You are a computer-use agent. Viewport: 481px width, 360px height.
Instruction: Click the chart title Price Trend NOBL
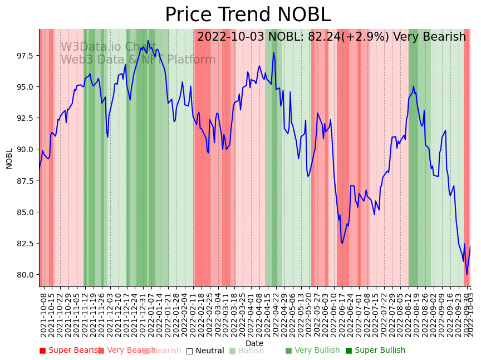coord(248,15)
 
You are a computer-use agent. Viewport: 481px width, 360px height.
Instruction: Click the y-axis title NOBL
coord(9,158)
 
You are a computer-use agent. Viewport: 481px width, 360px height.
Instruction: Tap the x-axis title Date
coord(254,343)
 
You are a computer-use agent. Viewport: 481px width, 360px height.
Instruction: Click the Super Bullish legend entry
coord(375,351)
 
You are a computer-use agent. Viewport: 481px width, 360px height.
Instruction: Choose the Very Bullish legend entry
coord(312,351)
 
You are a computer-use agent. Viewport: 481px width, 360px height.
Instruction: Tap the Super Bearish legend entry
coord(69,351)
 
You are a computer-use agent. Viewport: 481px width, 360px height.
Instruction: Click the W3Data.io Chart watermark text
coord(108,47)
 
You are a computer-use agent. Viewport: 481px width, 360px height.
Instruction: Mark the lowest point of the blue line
coord(467,274)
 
